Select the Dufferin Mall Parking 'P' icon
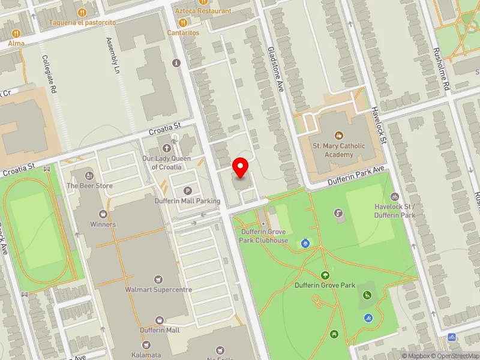tap(188, 190)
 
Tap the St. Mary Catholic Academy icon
tap(339, 136)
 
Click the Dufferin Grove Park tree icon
tap(325, 275)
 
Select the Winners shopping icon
tap(103, 214)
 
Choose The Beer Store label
tap(89, 185)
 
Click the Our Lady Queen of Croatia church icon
tap(167, 148)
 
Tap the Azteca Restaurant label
tap(203, 11)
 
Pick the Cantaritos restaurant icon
tap(183, 23)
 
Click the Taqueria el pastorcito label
tap(82, 22)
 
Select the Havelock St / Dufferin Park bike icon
tap(395, 196)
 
